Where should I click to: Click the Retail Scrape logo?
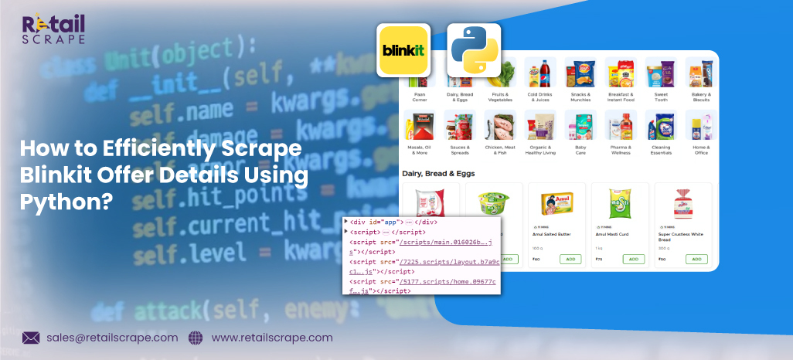coord(53,30)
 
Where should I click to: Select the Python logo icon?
coord(474,50)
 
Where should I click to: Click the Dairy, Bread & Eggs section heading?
coord(438,173)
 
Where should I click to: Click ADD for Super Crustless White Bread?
coord(695,260)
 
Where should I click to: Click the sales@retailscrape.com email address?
coord(111,338)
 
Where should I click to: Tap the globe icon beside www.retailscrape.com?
coord(195,338)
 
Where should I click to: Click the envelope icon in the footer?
coord(31,338)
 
